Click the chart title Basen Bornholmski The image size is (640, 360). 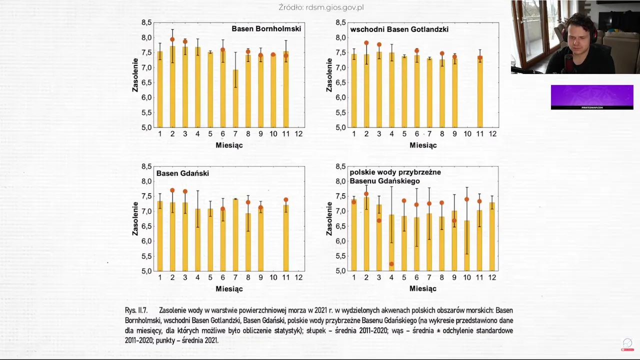tap(266, 29)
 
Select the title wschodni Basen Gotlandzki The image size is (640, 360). tap(399, 29)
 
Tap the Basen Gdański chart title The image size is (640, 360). tap(182, 173)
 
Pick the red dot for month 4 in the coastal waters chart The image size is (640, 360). tap(391, 264)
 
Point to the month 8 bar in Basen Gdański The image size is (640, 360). tap(248, 242)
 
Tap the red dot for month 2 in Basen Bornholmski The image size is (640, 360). tap(172, 39)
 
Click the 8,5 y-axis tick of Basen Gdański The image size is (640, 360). tap(146, 166)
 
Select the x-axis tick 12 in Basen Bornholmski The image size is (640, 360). tap(298, 134)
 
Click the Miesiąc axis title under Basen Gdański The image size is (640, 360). tap(229, 289)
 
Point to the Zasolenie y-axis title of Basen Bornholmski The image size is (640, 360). tap(135, 75)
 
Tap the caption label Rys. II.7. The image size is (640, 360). tap(136, 310)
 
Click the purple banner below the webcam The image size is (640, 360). tap(592, 97)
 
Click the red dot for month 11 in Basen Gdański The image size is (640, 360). tap(286, 200)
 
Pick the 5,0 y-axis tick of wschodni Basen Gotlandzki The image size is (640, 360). tap(340, 127)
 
